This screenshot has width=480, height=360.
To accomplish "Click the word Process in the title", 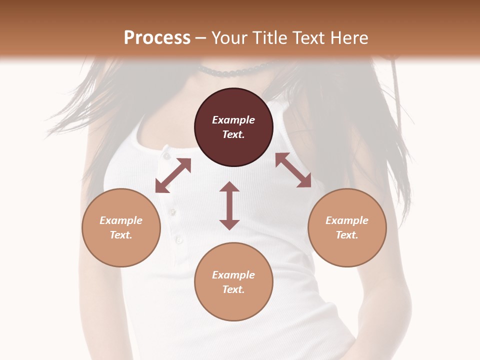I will pos(157,38).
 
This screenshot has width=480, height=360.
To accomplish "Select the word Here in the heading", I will pos(349,38).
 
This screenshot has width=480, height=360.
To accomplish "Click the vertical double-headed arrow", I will pos(229,205).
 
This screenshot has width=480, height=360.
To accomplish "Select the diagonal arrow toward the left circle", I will pos(173,175).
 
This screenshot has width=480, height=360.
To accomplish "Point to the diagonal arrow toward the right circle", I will pos(293,170).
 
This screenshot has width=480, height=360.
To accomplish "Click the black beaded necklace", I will pos(235,71).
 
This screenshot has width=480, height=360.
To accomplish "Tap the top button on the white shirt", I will pos(166,156).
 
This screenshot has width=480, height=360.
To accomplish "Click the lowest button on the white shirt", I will pos(179,241).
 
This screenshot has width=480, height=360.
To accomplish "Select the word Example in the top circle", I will pos(233,120).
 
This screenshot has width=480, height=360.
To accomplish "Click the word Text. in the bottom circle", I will pos(233,289).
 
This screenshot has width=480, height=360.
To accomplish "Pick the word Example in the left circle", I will pos(121,220).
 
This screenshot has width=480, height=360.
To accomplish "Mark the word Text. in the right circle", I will pos(347,235).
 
